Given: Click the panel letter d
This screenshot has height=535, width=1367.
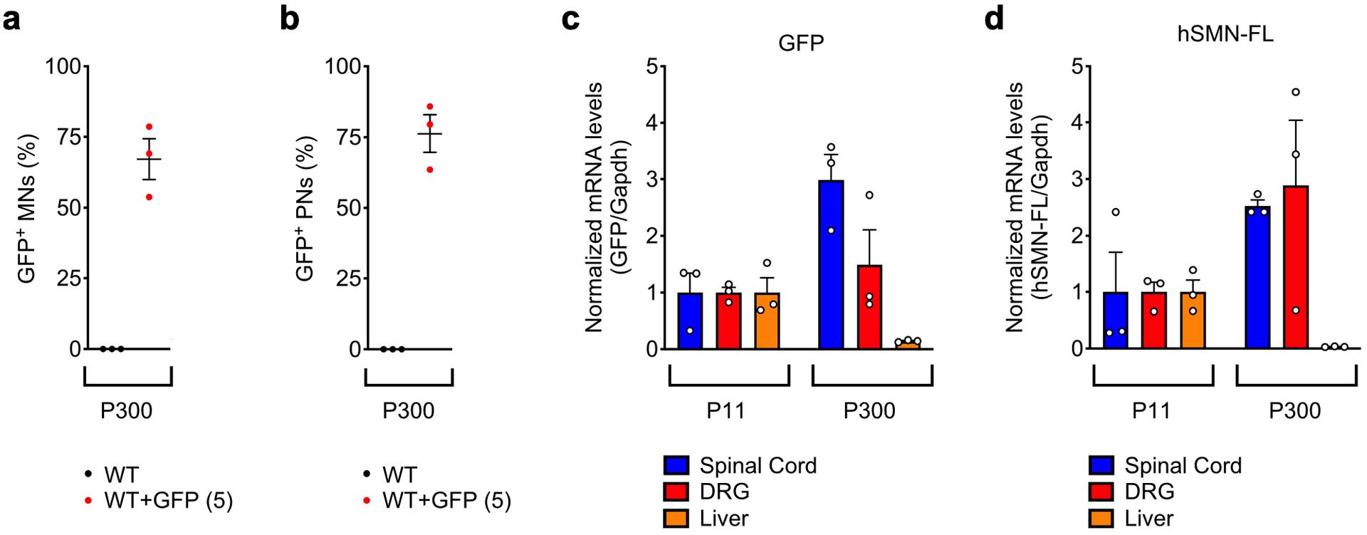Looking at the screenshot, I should [x=994, y=19].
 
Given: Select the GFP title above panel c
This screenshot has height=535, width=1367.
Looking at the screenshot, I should [x=801, y=43].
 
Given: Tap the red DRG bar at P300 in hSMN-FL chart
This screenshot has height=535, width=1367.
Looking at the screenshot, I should [x=1296, y=267].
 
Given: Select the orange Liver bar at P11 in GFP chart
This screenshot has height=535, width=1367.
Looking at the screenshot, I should [x=767, y=321].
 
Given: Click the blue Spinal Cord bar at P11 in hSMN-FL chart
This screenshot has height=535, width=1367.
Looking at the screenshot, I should [x=1115, y=321].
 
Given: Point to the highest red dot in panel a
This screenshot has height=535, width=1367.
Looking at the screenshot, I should [x=150, y=127].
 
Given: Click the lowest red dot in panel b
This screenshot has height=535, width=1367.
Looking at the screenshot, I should [x=429, y=170].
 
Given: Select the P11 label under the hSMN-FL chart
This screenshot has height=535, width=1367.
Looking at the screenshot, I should [x=1151, y=411].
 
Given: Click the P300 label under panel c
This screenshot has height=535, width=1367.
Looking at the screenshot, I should [x=869, y=411].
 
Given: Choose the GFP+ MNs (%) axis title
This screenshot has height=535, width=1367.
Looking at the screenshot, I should [x=28, y=208].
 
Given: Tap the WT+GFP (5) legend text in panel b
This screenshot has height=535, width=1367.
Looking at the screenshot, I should [x=446, y=501].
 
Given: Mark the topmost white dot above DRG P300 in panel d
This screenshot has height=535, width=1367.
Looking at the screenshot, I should [x=1296, y=92].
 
